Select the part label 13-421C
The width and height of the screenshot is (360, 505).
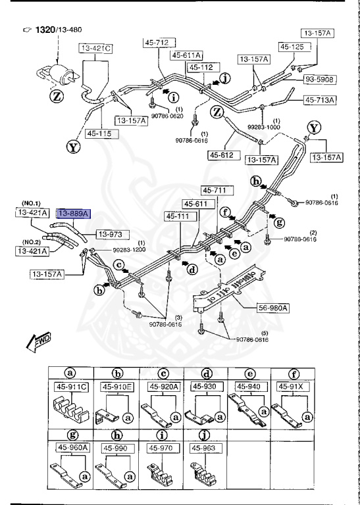pyautogui.click(x=96, y=49)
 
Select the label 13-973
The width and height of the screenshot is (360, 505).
pyautogui.click(x=113, y=233)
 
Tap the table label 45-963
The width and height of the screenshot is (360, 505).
pyautogui.click(x=204, y=447)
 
